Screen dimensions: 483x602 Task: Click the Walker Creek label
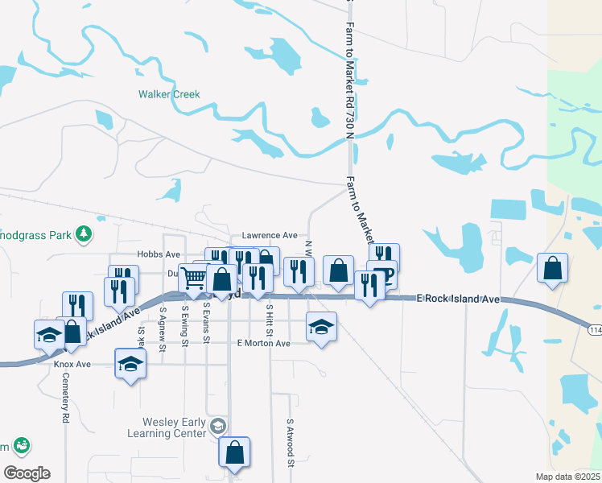169,94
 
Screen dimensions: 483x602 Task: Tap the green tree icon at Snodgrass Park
83,234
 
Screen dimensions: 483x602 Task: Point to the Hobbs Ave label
158,254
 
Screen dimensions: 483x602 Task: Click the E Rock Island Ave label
458,299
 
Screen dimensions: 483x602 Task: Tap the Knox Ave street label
73,364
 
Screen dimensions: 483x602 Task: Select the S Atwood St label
289,442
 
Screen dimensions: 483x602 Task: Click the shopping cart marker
194,278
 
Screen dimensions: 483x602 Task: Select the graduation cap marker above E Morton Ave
321,326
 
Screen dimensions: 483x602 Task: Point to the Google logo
27,473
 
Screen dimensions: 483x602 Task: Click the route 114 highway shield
594,332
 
